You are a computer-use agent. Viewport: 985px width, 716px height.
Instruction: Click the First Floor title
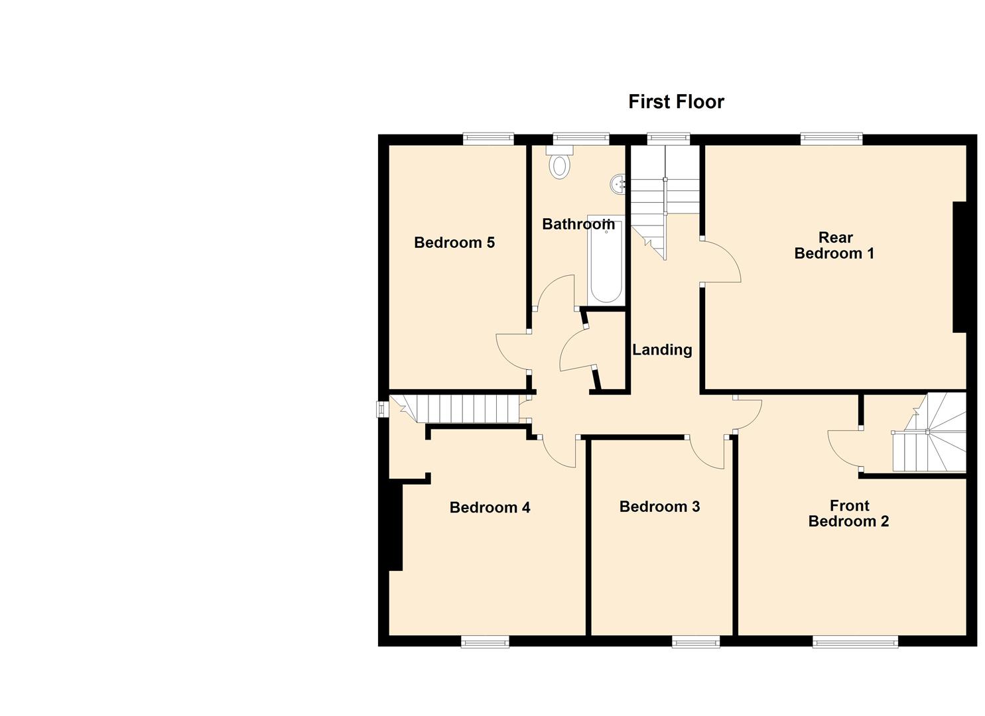(676, 102)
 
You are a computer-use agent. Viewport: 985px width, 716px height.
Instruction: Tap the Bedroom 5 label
(454, 243)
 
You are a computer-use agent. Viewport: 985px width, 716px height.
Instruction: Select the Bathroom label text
(578, 224)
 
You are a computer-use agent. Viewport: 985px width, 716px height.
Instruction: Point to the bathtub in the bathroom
(606, 262)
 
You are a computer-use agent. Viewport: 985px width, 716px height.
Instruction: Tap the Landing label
(662, 349)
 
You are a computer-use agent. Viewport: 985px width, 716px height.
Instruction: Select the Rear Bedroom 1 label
(834, 245)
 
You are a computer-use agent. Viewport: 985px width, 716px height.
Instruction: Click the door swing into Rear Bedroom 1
(722, 262)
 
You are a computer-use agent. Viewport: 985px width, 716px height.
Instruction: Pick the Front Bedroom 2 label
(848, 514)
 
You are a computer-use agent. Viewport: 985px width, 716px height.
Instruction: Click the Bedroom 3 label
(659, 507)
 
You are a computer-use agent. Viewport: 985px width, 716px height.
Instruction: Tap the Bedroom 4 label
(490, 508)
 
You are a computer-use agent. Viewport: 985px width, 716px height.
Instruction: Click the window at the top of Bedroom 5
(488, 139)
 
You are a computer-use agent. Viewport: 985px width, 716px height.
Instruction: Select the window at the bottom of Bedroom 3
(695, 641)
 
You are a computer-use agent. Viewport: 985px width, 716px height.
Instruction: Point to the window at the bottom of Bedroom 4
(485, 641)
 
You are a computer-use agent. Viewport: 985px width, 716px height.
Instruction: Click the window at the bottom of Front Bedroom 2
(855, 641)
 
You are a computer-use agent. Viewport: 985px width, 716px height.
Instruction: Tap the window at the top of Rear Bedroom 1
(831, 139)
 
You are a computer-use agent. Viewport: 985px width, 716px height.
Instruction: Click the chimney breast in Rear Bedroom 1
(959, 267)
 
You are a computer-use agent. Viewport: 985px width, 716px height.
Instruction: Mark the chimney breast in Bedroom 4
(395, 526)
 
